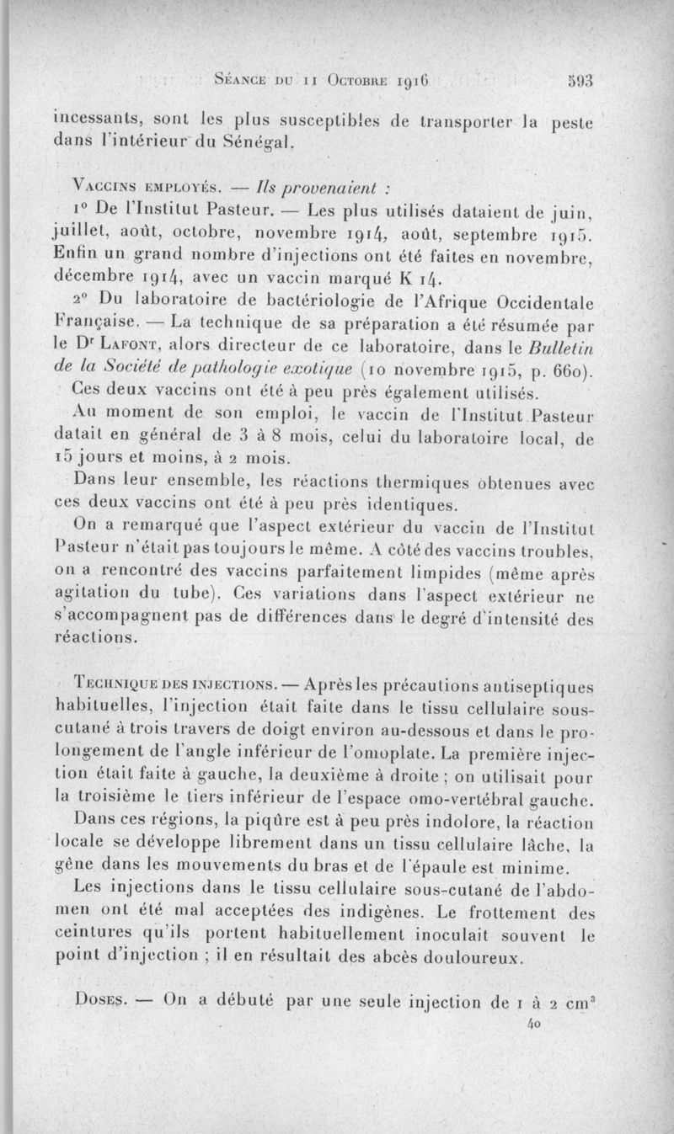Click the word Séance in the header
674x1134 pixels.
[x=242, y=83]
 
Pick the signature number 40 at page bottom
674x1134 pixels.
[x=532, y=1024]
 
